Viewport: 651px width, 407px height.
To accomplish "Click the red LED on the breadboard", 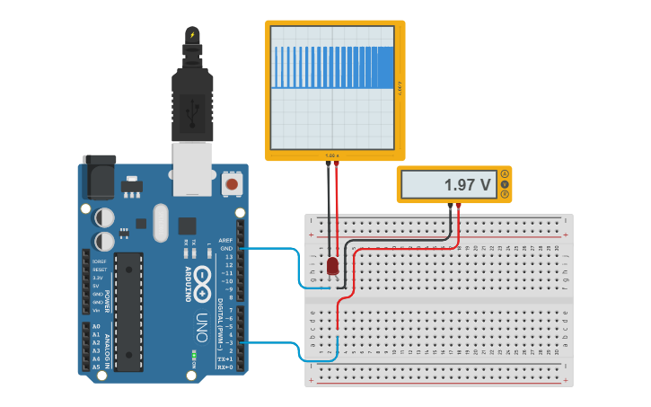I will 333,265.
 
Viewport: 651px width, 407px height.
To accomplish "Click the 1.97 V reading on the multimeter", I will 467,185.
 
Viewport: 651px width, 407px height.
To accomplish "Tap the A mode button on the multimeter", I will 505,173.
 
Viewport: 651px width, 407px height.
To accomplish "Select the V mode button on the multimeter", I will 505,184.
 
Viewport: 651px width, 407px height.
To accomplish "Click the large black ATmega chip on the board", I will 128,311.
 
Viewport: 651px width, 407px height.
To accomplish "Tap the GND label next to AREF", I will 225,249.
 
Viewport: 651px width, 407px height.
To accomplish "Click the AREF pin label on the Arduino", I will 224,241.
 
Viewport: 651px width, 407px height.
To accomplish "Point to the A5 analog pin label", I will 95,367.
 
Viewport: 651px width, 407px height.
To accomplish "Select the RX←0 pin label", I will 224,367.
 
